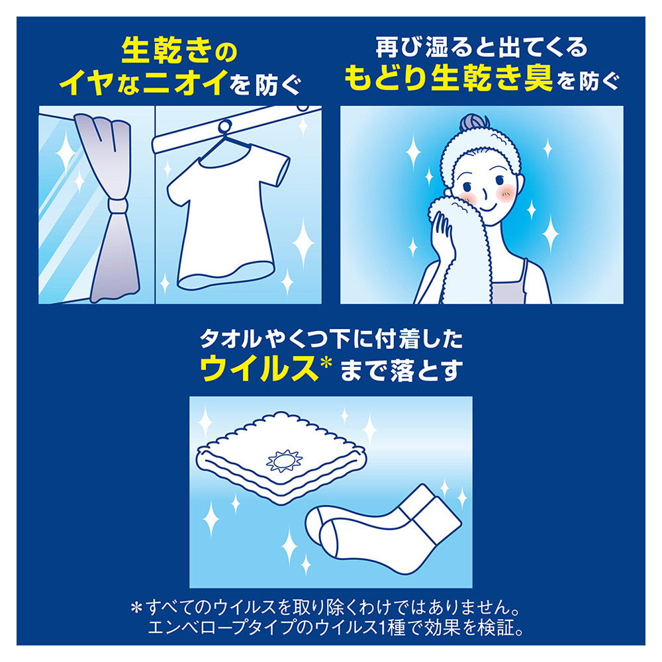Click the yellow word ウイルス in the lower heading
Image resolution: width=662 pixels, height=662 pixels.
[x=261, y=369]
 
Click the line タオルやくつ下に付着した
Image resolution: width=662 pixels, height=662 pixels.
[x=331, y=340]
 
